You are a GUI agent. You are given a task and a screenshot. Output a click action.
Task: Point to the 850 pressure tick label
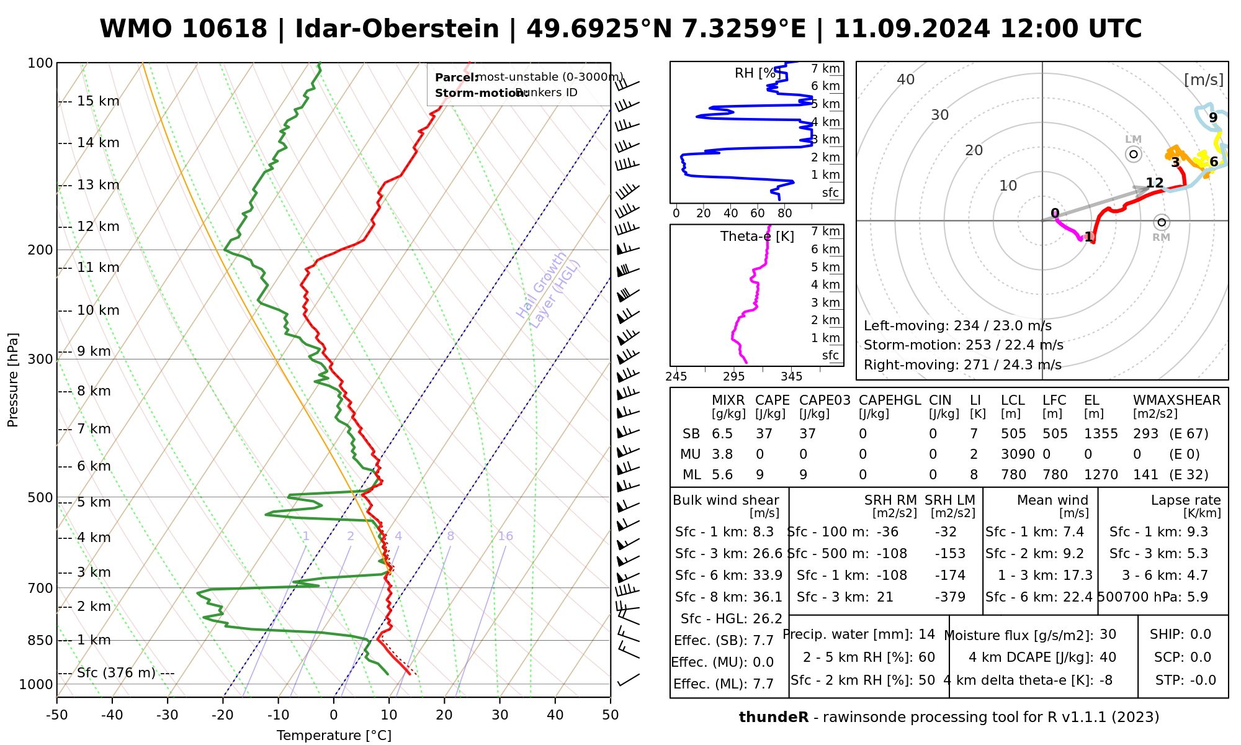(x=40, y=640)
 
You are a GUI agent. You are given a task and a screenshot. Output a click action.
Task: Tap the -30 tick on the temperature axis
(x=168, y=715)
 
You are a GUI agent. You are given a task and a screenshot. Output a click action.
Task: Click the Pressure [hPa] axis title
(x=13, y=380)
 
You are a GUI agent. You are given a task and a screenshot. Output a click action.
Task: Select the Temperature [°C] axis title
(x=334, y=736)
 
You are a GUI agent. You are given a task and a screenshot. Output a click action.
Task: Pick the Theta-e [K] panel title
(x=757, y=237)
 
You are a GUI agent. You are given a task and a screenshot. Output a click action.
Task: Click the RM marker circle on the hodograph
(x=1162, y=222)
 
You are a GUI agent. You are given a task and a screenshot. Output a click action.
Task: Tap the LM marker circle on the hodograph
(x=1134, y=154)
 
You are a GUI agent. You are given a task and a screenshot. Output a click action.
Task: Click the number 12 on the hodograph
(x=1154, y=183)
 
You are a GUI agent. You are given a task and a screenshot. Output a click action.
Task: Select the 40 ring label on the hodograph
(x=906, y=79)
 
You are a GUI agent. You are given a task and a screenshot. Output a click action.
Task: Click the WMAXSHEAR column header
(x=1176, y=400)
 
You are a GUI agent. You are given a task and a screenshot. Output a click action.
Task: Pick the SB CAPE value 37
(x=763, y=434)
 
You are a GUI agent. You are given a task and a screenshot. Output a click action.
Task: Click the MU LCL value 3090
(x=1018, y=454)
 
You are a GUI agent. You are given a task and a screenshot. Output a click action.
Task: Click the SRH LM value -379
(x=950, y=597)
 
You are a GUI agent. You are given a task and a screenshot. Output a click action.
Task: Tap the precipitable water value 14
(x=926, y=634)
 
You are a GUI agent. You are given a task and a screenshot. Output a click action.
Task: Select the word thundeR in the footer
(x=774, y=718)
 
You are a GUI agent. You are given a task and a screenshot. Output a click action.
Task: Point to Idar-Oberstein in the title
(x=397, y=29)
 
